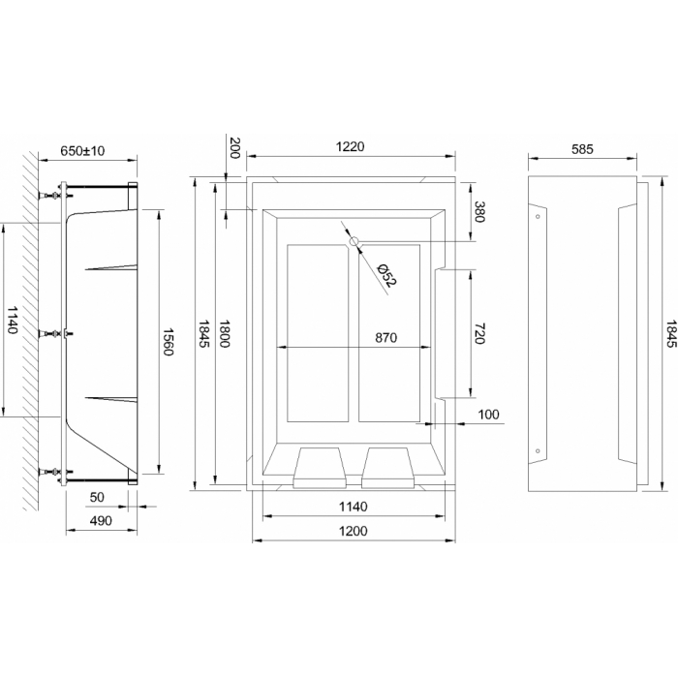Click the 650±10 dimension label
coord(82,151)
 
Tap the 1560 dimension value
coord(168,341)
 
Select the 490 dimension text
coord(101,521)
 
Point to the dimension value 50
coord(97,497)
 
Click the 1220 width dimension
coord(351,146)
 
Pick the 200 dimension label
coord(234,147)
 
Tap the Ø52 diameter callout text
coord(386,275)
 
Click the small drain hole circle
coord(354,241)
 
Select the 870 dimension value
coord(385,337)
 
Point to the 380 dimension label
coord(479,211)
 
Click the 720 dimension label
coord(479,333)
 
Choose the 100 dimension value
coord(488,415)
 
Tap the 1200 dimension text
coord(353,531)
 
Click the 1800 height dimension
coord(225,333)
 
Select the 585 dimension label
coord(582,149)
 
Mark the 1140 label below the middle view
coord(353,507)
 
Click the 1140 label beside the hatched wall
coord(12,320)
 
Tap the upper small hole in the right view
coord(538,216)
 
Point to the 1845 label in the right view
coord(671,333)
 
